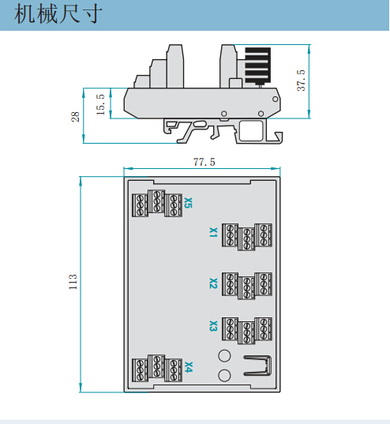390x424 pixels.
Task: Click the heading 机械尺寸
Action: coord(58,13)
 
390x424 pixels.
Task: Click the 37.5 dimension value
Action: coord(301,81)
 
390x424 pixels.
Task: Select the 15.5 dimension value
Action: coord(100,105)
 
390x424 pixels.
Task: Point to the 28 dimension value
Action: coord(75,117)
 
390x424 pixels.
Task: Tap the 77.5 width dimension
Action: coord(204,162)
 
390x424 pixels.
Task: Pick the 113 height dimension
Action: coord(73,282)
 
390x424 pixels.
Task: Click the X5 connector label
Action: coord(188,203)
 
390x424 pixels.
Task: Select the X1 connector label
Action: coord(213,232)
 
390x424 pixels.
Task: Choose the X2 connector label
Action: coord(213,283)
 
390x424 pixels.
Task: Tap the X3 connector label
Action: coord(213,326)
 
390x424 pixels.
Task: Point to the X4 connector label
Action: coord(189,367)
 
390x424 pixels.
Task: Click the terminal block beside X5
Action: coord(157,204)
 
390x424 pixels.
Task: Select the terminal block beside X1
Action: coord(247,237)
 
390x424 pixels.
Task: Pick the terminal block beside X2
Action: coord(247,286)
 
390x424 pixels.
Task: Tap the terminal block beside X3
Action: coord(247,331)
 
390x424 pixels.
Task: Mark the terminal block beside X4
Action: coord(157,368)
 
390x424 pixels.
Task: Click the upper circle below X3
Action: coord(224,355)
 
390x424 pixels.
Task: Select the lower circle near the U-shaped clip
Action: coord(224,376)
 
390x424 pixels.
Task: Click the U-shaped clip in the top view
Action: coord(257,373)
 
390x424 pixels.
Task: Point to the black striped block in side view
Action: coord(257,65)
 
